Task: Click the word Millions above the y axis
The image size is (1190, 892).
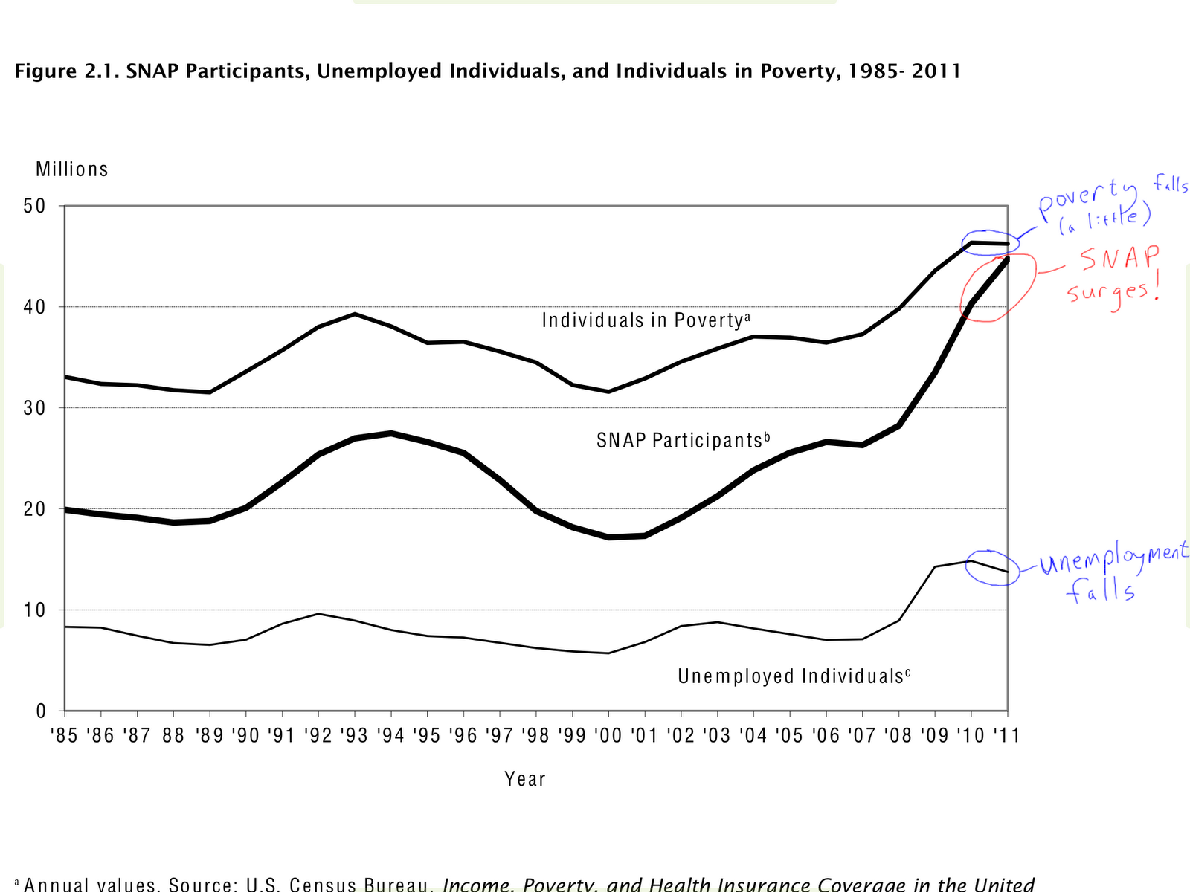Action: (72, 169)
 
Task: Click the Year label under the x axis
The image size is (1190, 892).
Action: (525, 779)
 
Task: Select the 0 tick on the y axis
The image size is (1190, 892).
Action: (42, 711)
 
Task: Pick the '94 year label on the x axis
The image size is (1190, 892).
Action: (390, 735)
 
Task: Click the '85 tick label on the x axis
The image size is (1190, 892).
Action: (64, 735)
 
